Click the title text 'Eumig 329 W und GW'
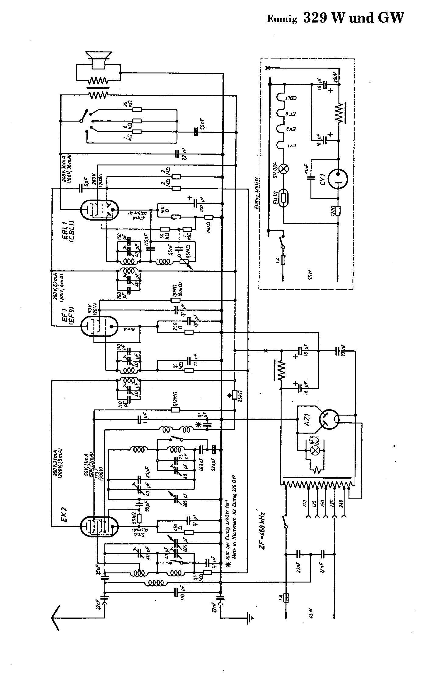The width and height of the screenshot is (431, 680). [335, 18]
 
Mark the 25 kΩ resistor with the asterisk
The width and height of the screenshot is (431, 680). [235, 395]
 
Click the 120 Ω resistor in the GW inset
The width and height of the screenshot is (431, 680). [339, 210]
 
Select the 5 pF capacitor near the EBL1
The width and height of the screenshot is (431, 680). [81, 188]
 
